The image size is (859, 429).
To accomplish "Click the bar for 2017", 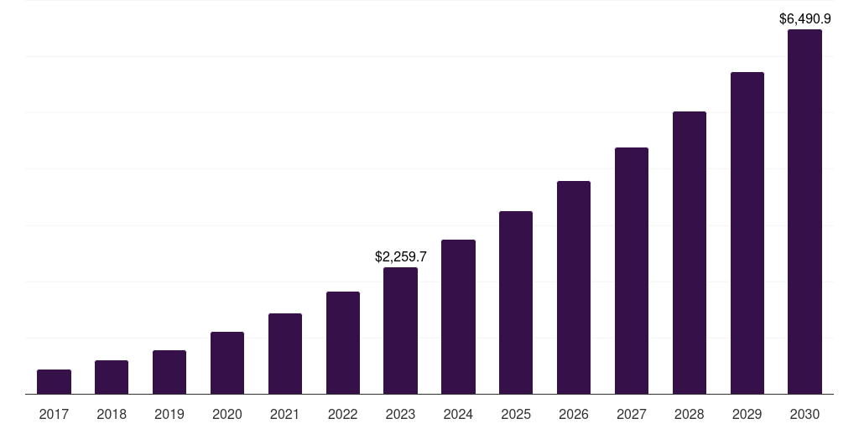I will (x=54, y=382).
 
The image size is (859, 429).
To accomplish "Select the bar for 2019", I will (x=169, y=372).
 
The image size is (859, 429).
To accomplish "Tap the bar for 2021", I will (x=285, y=354).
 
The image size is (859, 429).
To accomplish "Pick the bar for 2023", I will (x=400, y=331).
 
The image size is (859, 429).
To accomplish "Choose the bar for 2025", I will (x=516, y=302).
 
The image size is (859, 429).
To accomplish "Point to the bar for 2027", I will (x=632, y=271).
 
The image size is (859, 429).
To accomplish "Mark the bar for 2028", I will (x=690, y=253).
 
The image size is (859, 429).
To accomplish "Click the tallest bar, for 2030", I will (x=804, y=212).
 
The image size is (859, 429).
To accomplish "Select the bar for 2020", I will (x=227, y=363).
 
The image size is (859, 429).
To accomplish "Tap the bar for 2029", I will (x=747, y=233).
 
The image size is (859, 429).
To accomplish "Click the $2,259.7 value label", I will (x=400, y=257).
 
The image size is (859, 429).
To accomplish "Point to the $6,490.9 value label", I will (x=804, y=18).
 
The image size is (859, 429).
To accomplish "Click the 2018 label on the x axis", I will (x=112, y=414).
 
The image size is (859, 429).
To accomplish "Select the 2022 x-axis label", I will (x=343, y=414).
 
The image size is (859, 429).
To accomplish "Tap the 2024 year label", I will (x=458, y=414).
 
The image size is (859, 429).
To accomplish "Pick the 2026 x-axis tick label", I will (x=574, y=414).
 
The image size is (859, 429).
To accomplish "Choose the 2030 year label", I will (x=804, y=414).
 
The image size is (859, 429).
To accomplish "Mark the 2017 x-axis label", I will (x=54, y=414).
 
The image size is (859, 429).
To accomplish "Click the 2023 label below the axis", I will (x=400, y=414).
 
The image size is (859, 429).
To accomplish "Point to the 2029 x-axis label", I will (x=747, y=414).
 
